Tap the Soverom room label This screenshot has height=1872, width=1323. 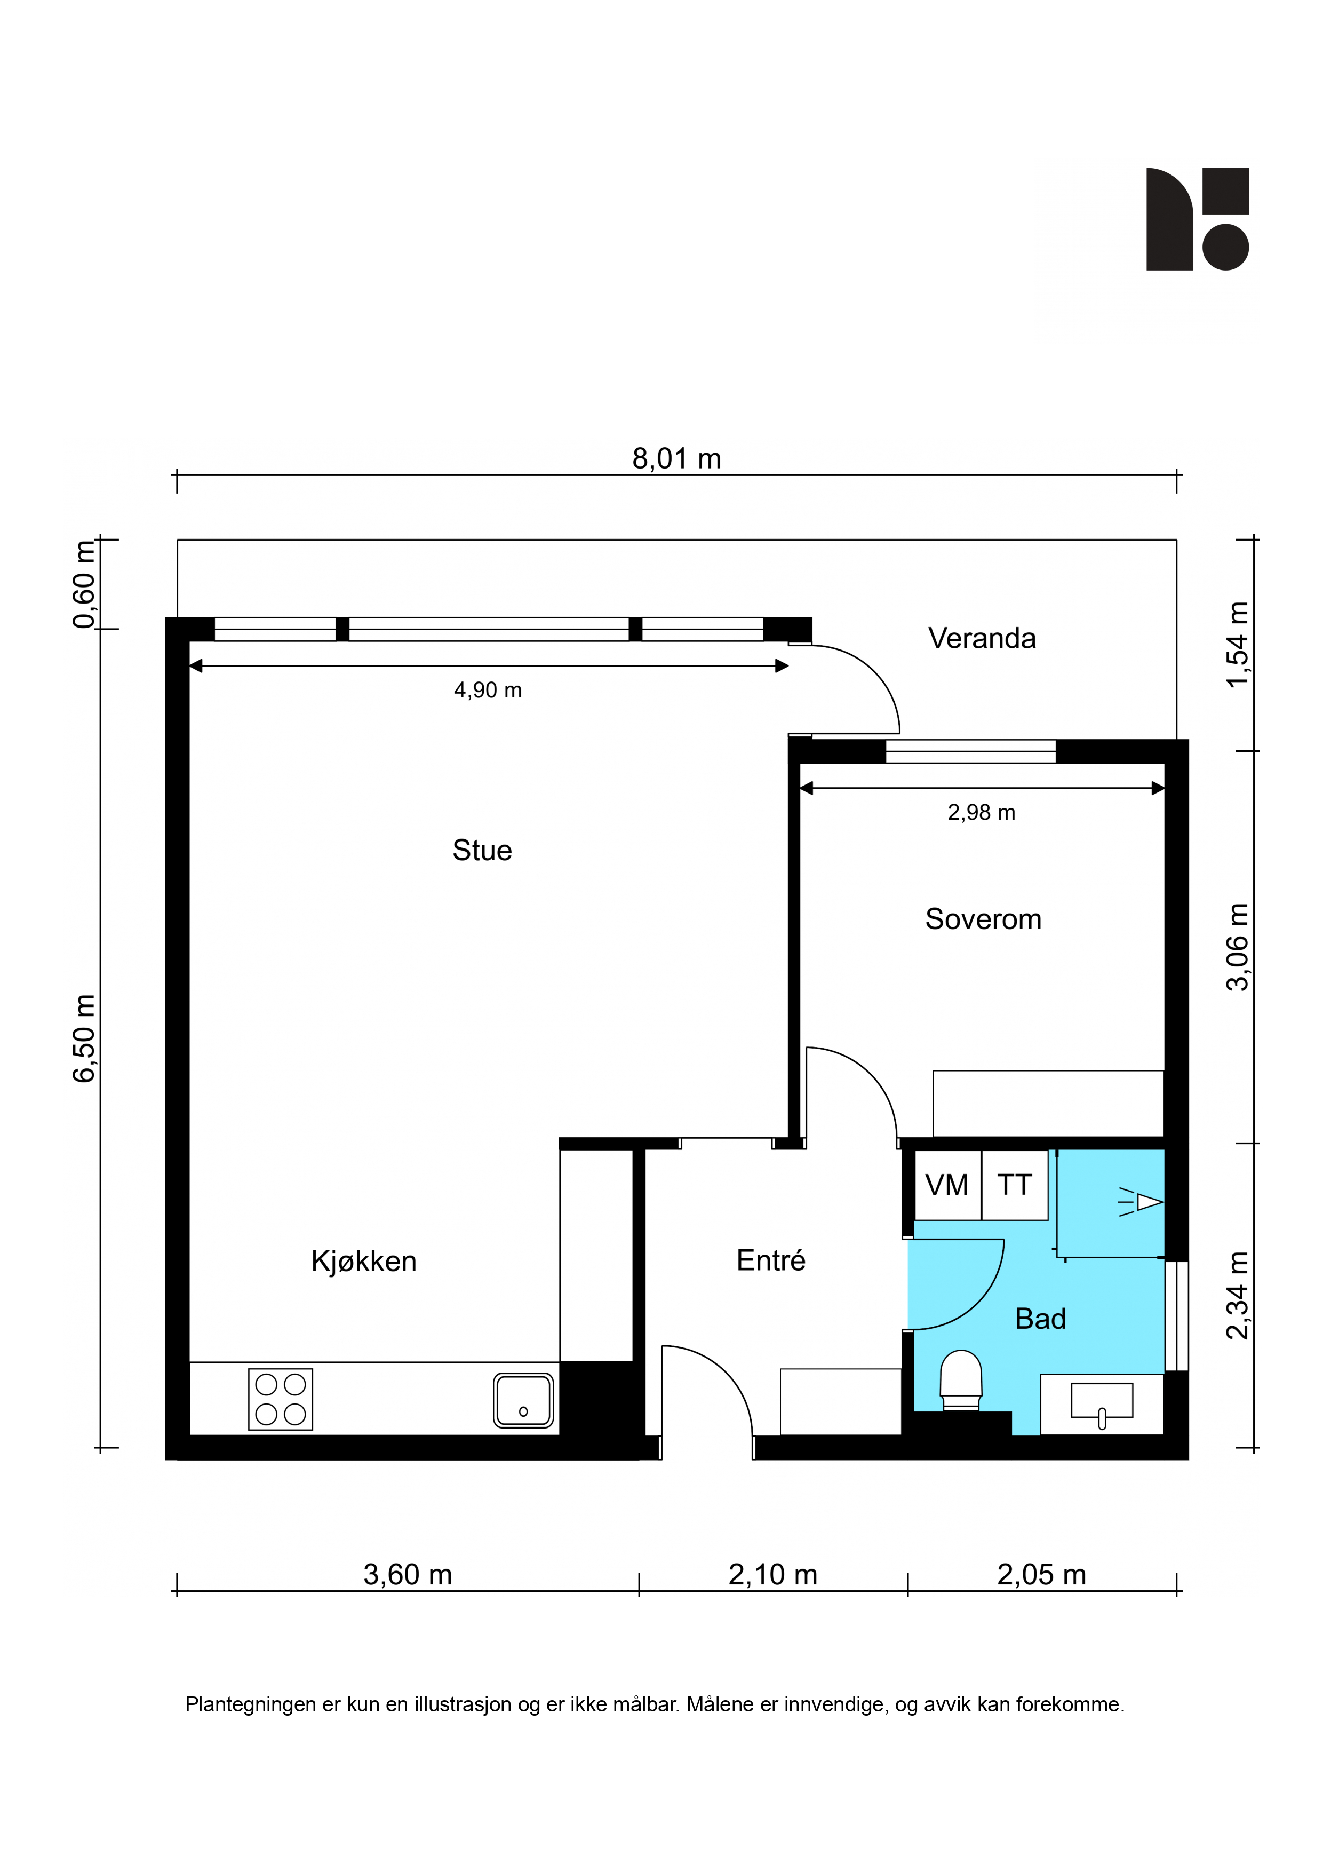[983, 919]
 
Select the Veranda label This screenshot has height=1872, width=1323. [982, 638]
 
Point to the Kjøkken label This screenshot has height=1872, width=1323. [364, 1262]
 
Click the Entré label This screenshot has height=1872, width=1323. [770, 1260]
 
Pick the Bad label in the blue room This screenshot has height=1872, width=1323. [1040, 1319]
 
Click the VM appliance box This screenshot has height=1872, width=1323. [947, 1185]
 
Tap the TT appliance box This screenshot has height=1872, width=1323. [1015, 1185]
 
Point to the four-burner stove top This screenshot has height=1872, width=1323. [281, 1399]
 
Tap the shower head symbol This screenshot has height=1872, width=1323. [1141, 1202]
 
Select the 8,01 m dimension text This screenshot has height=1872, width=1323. [676, 459]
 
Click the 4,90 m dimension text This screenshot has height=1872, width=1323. [488, 691]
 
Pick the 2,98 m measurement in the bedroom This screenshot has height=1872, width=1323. [982, 813]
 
